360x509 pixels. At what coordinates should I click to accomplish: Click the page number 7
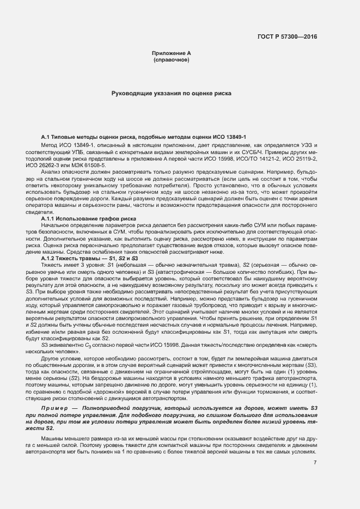pos(315,463)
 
